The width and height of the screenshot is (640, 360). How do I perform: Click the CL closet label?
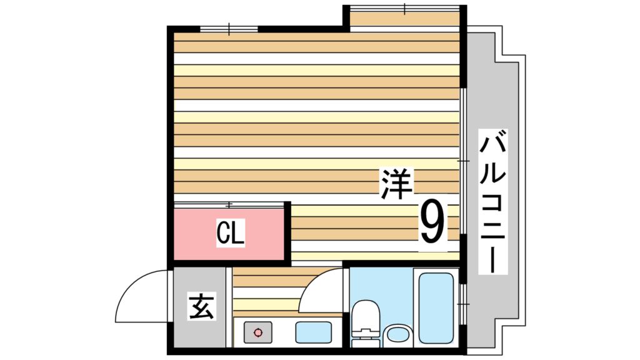(230, 233)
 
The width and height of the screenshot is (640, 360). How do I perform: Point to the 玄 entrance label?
(202, 306)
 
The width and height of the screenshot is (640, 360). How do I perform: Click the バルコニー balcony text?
(492, 201)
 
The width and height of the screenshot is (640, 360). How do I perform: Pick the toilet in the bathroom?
(365, 323)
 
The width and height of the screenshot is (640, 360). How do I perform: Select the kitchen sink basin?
(313, 332)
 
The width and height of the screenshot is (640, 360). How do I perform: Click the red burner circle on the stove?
(257, 332)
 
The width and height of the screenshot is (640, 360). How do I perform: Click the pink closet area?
(229, 234)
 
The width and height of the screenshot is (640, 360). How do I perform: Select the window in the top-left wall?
(229, 29)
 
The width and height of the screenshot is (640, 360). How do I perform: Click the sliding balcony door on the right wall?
(463, 161)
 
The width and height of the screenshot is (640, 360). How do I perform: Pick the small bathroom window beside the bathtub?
(463, 304)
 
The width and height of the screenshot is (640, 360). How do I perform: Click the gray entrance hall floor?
(199, 307)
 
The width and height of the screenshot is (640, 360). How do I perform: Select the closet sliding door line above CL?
(229, 204)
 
